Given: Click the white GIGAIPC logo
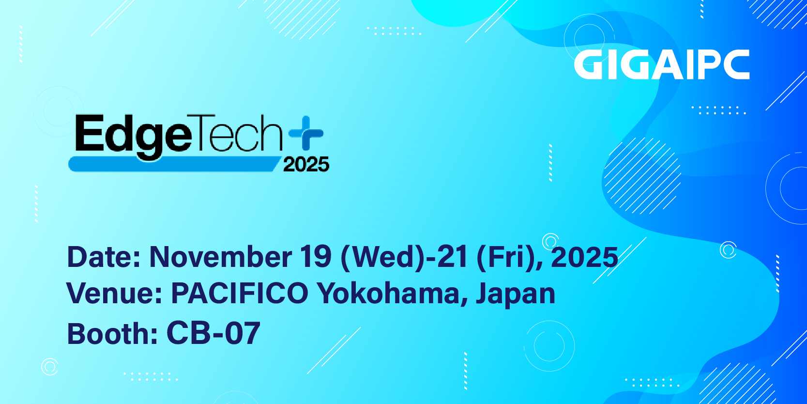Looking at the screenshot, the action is click(661, 64).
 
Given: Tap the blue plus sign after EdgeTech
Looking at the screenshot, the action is click(306, 133).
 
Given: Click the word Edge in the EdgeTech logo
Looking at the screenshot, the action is click(133, 137).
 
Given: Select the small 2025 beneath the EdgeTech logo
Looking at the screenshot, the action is click(306, 164).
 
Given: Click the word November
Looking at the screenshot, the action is click(220, 257).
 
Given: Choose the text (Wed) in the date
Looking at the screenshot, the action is click(383, 258).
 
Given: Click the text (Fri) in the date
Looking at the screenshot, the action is click(504, 258).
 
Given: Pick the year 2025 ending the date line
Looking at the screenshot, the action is click(584, 257).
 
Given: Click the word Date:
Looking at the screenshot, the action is click(104, 257).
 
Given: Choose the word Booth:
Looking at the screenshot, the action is click(112, 333).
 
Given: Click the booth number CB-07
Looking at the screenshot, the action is click(213, 333).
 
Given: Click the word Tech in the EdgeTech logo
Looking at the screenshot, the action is click(238, 133).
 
